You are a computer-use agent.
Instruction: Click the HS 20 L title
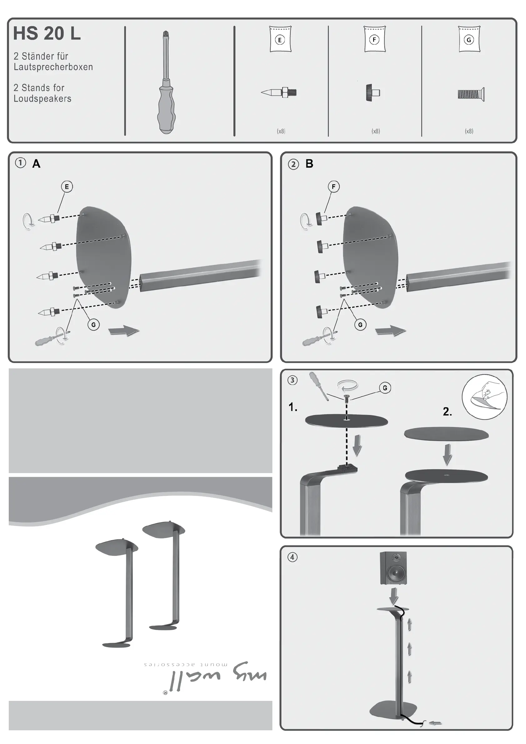coord(47,33)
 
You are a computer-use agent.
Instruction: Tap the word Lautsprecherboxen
coord(53,67)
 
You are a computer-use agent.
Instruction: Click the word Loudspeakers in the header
coord(42,98)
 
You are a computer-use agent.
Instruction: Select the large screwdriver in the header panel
coord(167,82)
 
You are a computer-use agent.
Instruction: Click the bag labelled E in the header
coord(280,39)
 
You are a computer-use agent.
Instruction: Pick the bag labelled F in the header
coord(375,39)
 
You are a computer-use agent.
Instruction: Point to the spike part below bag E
coord(279,92)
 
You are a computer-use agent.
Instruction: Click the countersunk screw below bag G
coord(471,94)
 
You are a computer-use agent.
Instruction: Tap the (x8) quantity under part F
coord(376,131)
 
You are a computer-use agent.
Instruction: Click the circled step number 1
coord(20,163)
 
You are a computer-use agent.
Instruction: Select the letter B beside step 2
coord(309,164)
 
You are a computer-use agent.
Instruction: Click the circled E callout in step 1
coord(67,187)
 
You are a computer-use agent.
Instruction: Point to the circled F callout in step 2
coord(334,187)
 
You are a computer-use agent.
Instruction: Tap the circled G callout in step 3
coord(385,388)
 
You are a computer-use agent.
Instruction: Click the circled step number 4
coord(292,557)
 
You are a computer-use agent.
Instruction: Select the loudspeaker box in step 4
coord(393,568)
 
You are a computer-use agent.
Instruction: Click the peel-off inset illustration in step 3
coord(484,397)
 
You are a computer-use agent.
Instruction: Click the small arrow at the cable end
coord(435,723)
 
